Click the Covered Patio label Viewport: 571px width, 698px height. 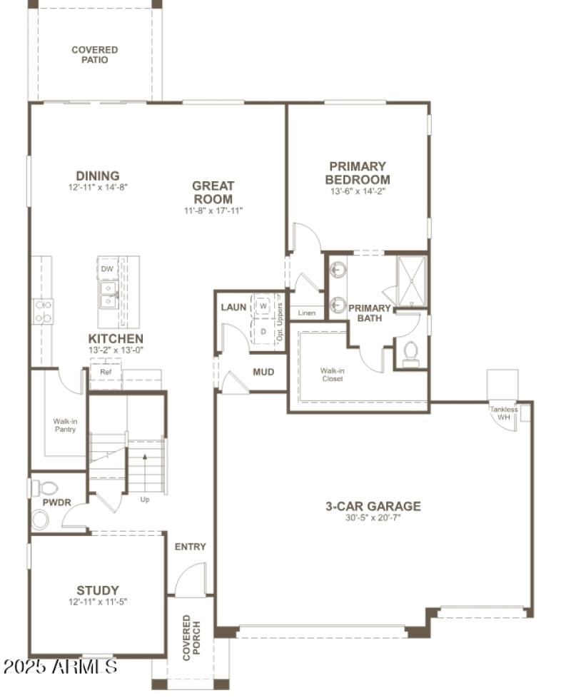click(x=94, y=55)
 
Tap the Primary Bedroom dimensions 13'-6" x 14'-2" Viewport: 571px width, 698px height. click(x=358, y=191)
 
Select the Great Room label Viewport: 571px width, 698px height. click(x=213, y=192)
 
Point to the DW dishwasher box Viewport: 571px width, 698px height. click(x=107, y=268)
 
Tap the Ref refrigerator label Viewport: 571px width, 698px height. click(x=106, y=372)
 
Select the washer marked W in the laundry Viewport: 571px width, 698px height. click(x=263, y=305)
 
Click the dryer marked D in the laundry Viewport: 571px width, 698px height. click(x=262, y=331)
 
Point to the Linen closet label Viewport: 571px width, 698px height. click(x=307, y=313)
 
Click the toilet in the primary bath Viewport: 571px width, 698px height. click(x=410, y=353)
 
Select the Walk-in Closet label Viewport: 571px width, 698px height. click(x=332, y=375)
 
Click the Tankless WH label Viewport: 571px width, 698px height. click(x=503, y=413)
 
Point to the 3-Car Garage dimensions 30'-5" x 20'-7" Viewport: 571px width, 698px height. click(x=373, y=517)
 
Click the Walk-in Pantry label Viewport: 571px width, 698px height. click(x=65, y=425)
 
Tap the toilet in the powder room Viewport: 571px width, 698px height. click(x=47, y=488)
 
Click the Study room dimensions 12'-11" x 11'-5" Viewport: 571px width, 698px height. click(x=98, y=602)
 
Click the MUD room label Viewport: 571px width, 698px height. click(x=263, y=372)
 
